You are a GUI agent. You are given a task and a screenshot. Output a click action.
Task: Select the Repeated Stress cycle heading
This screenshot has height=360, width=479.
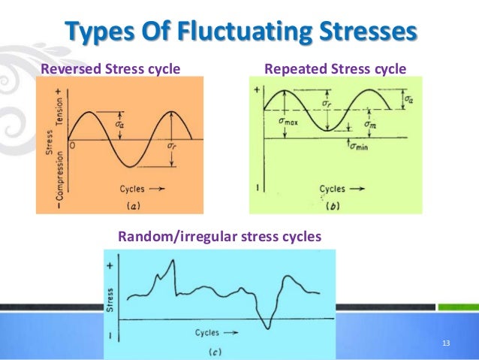tap(336, 70)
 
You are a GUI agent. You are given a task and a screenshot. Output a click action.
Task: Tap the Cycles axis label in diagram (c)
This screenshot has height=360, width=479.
tap(213, 332)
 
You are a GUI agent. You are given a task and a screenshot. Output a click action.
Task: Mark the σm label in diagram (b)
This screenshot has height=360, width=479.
tap(370, 123)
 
